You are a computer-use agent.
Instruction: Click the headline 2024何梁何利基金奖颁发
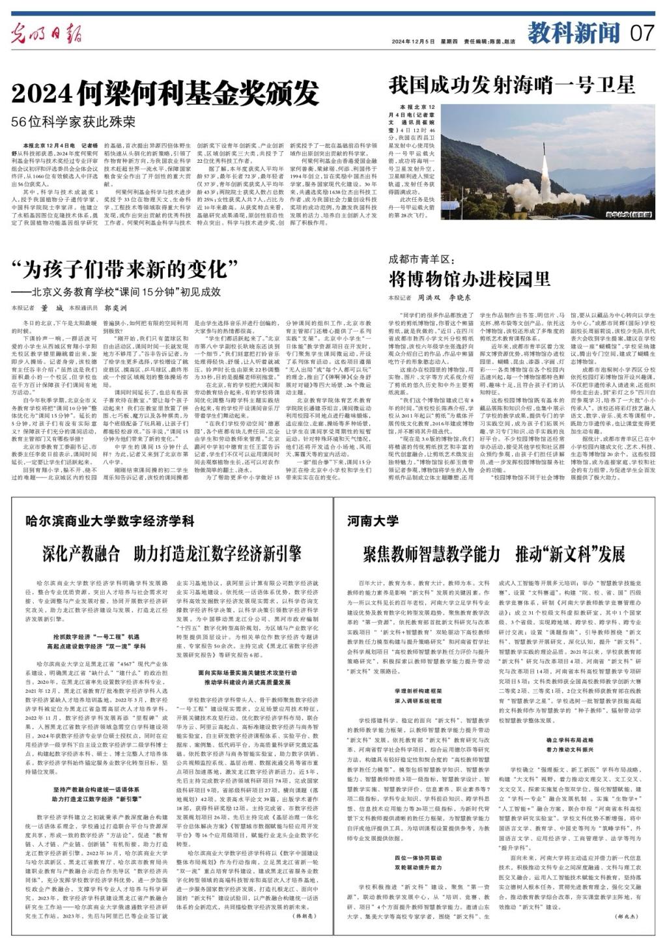(x=166, y=93)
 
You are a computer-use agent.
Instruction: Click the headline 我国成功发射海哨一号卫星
(x=511, y=85)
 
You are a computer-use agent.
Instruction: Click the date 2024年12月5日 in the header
(x=415, y=41)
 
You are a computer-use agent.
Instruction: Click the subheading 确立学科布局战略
(x=570, y=740)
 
